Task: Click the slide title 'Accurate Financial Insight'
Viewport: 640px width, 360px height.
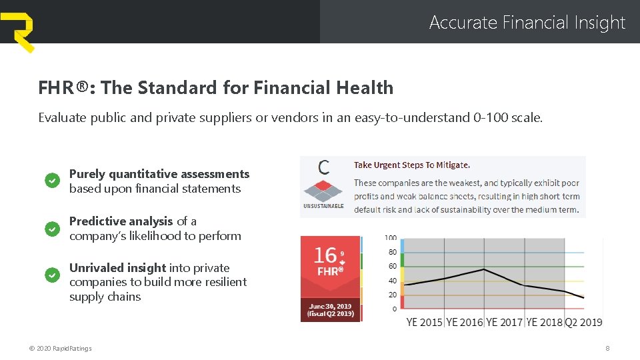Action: [x=527, y=23]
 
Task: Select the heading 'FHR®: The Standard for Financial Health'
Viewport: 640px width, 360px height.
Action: [x=215, y=87]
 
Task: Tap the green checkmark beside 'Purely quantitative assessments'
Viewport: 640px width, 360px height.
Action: [x=52, y=181]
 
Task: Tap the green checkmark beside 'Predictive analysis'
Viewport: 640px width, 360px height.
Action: [x=52, y=229]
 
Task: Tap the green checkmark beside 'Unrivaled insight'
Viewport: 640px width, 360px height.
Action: [x=52, y=275]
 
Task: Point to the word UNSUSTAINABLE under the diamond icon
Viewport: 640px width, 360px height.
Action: [x=323, y=206]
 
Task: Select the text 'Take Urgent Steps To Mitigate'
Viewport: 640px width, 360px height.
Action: [x=411, y=165]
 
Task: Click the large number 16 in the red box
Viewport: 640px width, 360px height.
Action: [x=325, y=255]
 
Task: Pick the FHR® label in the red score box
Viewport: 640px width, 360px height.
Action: [x=330, y=271]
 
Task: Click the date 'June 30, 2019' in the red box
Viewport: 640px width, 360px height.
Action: [x=330, y=306]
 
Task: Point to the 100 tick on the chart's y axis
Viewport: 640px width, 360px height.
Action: [x=391, y=238]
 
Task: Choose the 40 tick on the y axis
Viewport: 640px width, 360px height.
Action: [x=393, y=281]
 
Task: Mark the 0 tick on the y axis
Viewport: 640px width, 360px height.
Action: [x=395, y=309]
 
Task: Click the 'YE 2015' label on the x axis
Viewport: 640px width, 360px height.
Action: [x=424, y=322]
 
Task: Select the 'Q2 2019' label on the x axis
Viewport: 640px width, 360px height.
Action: [x=583, y=322]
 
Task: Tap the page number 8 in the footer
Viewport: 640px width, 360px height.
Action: [x=607, y=348]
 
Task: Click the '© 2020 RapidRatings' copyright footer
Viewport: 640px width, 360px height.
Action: [x=61, y=348]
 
